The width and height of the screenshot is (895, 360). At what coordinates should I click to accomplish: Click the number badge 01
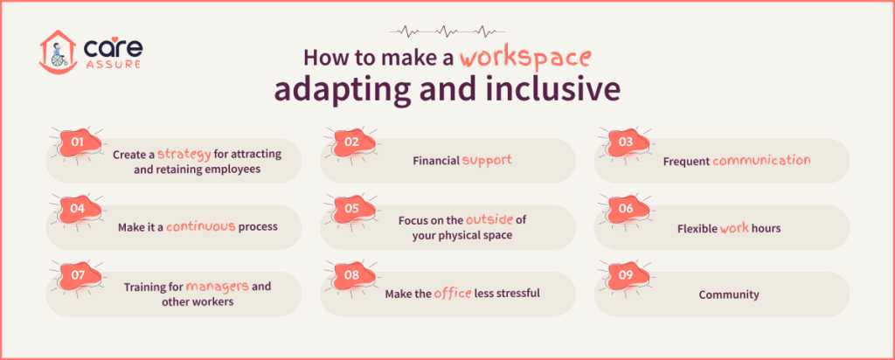point(78,141)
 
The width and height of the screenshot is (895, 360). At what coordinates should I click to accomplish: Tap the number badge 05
point(352,208)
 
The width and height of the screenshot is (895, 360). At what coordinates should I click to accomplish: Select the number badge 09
point(626,274)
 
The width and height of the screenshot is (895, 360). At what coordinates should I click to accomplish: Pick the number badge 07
point(78,274)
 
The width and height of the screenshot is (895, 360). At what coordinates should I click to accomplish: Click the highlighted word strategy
point(185,154)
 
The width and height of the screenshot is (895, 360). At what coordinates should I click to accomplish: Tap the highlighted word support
point(487,161)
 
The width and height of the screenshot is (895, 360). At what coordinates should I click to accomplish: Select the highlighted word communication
point(761,161)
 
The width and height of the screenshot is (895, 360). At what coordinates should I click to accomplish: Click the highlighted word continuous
point(201,226)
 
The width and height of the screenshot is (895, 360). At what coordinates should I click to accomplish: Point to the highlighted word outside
point(489,219)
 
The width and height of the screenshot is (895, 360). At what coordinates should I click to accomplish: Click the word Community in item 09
point(729,294)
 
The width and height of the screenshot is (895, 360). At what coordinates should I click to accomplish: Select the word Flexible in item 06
point(697,228)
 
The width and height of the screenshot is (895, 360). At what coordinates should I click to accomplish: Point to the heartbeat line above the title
point(447,31)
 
